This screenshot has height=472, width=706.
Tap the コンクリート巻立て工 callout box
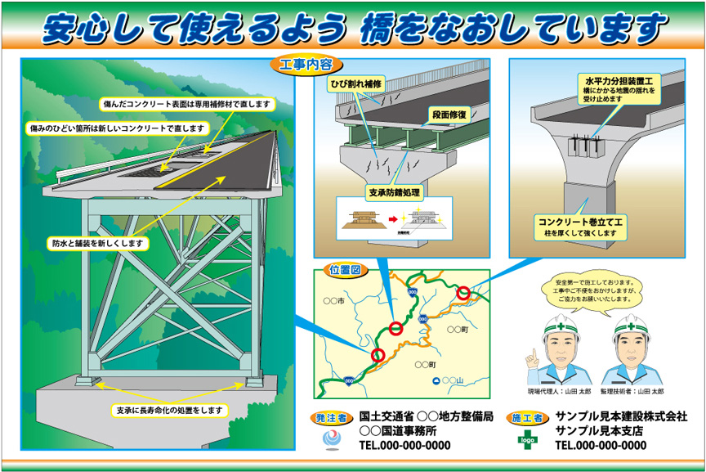click(580, 227)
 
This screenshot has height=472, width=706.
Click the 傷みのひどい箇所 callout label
click(116, 129)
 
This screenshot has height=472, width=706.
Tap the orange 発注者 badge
click(330, 418)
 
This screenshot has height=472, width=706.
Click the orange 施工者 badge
click(527, 418)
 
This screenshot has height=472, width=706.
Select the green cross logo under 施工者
click(527, 438)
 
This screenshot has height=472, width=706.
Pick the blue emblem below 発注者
click(331, 439)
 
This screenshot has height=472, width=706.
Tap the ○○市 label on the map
click(334, 302)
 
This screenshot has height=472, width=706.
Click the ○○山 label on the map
click(454, 381)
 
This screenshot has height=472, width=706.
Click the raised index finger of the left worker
click(530, 355)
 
